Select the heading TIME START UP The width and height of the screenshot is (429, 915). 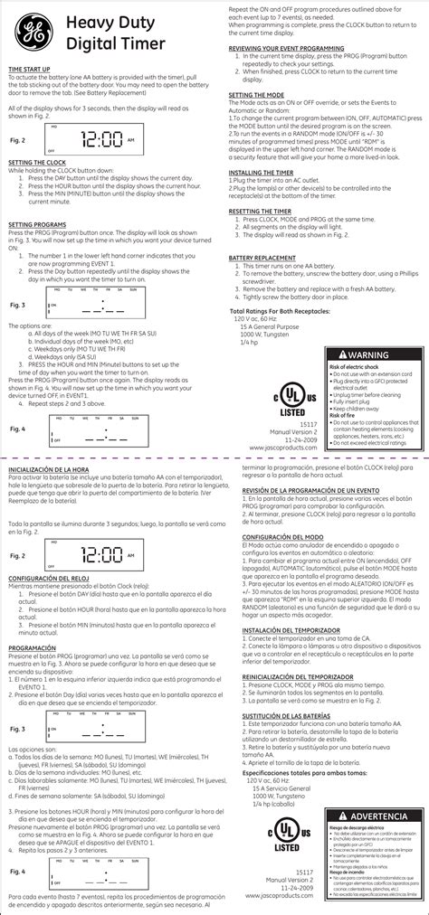(30, 69)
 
